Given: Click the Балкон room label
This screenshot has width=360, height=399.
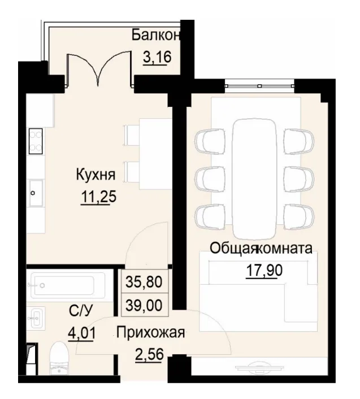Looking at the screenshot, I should click(157, 35).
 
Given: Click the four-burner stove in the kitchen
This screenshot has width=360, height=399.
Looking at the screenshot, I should click(36, 140).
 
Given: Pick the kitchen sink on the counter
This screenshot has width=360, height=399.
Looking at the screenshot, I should click(35, 193).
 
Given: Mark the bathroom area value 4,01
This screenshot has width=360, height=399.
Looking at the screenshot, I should click(81, 330).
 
